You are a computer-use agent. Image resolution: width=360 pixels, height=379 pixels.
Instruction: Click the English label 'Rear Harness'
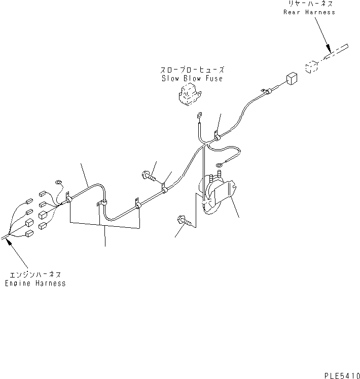[x=309, y=12]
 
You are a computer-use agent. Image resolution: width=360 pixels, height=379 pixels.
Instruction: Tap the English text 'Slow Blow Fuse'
[x=192, y=78]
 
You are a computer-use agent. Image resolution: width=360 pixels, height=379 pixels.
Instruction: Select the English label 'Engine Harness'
[x=35, y=283]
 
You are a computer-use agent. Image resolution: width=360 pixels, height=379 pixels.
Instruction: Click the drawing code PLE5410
[x=342, y=375]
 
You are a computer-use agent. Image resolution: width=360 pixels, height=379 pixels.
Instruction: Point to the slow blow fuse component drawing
[x=190, y=94]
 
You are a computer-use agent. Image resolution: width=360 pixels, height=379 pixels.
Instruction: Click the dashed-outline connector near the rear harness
[x=311, y=67]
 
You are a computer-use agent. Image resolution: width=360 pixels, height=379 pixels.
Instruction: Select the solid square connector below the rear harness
[x=292, y=79]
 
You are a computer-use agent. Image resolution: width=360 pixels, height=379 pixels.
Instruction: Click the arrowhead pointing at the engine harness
[x=9, y=241]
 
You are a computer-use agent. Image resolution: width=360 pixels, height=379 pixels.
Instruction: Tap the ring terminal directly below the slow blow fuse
[x=200, y=115]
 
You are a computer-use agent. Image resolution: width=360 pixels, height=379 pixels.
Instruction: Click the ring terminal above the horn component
[x=220, y=165]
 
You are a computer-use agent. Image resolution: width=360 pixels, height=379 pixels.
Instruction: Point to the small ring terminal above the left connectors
[x=59, y=182]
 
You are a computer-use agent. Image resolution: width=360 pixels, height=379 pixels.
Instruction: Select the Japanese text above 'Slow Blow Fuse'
[x=192, y=70]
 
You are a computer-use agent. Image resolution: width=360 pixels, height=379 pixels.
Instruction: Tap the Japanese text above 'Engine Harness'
[x=35, y=275]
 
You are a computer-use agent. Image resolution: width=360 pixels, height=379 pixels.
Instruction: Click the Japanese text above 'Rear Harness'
[x=311, y=4]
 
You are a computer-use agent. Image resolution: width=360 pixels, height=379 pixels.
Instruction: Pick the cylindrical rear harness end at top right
[x=336, y=52]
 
